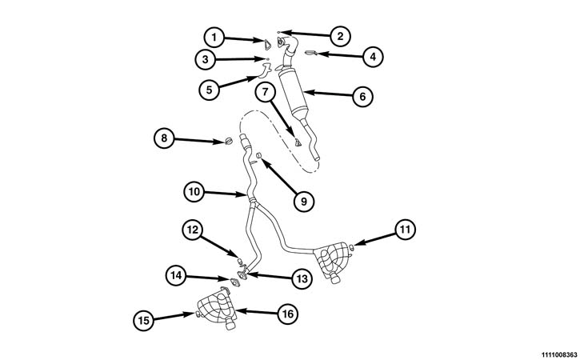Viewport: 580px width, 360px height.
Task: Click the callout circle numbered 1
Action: tap(213, 36)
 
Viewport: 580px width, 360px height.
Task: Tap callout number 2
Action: tap(339, 35)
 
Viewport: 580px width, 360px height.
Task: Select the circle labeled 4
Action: tap(372, 57)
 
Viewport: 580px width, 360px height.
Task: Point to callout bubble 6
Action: tap(362, 96)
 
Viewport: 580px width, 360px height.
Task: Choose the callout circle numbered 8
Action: tap(164, 138)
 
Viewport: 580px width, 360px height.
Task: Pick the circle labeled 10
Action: tap(194, 191)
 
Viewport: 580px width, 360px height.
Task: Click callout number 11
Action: tap(406, 230)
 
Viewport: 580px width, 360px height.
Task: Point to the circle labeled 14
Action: tap(176, 275)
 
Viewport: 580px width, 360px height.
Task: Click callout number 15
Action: tap(142, 319)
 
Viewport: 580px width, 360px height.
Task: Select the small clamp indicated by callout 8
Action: tap(227, 143)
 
